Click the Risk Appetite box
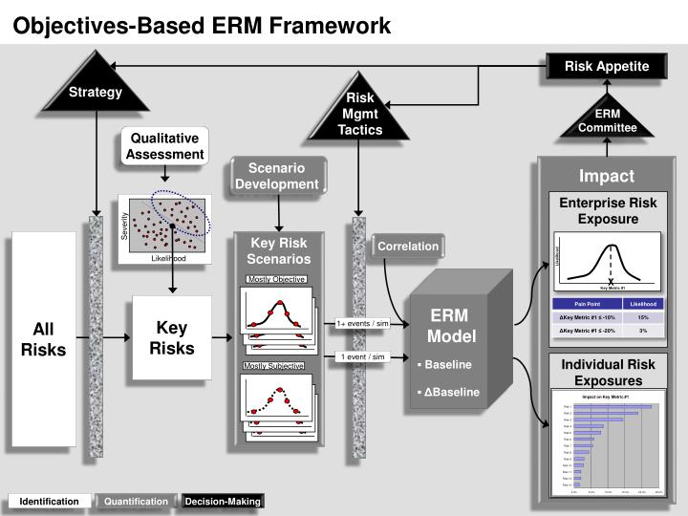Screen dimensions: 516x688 pos(606,66)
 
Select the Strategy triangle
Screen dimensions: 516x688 pos(96,88)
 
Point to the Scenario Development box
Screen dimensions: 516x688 pos(277,176)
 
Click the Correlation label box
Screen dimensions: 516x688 pos(408,247)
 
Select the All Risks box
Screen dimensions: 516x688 pos(43,338)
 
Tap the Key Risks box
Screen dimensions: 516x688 pos(172,337)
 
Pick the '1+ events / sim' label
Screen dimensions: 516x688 pos(362,323)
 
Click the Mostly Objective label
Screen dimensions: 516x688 pos(276,279)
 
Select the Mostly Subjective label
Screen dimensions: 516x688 pos(274,366)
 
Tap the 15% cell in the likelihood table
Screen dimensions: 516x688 pos(643,317)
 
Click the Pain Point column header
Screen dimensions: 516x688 pos(587,304)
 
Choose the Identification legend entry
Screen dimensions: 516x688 pos(50,501)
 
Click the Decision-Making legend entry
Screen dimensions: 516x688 pos(223,501)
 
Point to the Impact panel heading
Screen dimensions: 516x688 pos(606,176)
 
